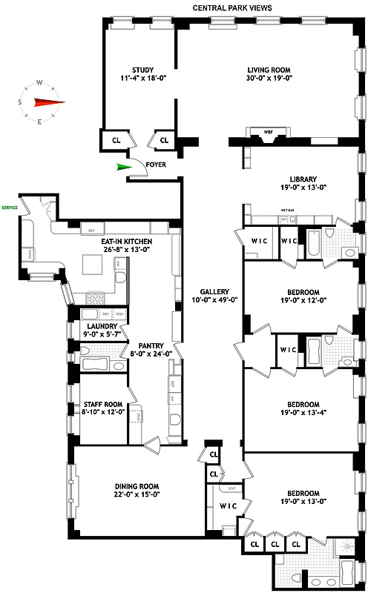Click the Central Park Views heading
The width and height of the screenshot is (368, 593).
coord(232,8)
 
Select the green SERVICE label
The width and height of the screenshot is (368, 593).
coord(10,208)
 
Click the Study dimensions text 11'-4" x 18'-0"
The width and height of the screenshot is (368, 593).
coord(137,77)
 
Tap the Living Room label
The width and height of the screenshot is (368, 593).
coord(269,69)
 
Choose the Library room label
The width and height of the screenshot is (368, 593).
coord(303,179)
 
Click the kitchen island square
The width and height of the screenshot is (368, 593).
coord(93,265)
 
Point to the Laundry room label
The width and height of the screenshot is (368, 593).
coord(102,326)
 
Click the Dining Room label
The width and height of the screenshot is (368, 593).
coord(138,485)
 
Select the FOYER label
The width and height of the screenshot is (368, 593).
coord(156,165)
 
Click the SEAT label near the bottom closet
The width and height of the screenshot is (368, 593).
coord(231,488)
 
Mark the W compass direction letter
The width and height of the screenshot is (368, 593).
coord(39,83)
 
